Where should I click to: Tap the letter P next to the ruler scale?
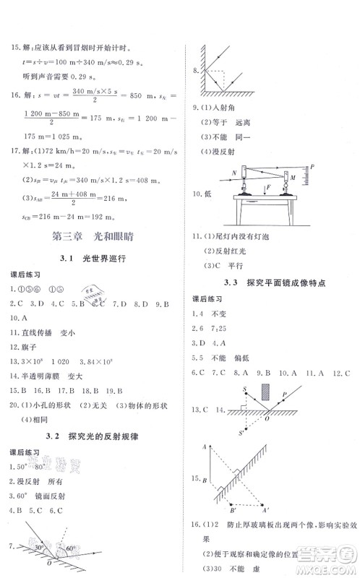[x=314, y=168]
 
